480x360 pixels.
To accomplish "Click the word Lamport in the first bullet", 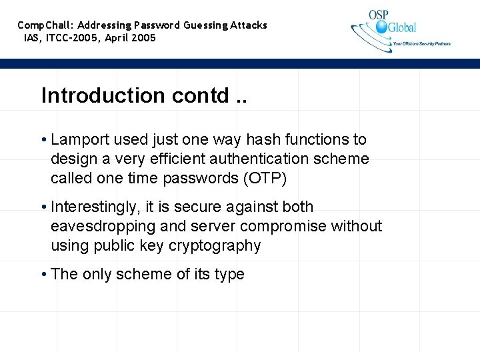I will click(x=79, y=139).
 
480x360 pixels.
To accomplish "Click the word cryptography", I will click(x=215, y=246).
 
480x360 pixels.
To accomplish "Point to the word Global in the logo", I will click(x=403, y=27).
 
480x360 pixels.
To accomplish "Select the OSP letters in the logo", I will click(x=380, y=15).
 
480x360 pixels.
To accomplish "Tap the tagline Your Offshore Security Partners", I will click(x=421, y=44).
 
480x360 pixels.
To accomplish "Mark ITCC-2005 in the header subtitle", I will click(x=71, y=38).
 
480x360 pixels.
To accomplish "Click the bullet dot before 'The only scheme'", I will click(x=43, y=275).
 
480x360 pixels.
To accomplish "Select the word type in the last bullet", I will click(x=229, y=275).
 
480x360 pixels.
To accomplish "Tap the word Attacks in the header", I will click(x=249, y=25).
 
